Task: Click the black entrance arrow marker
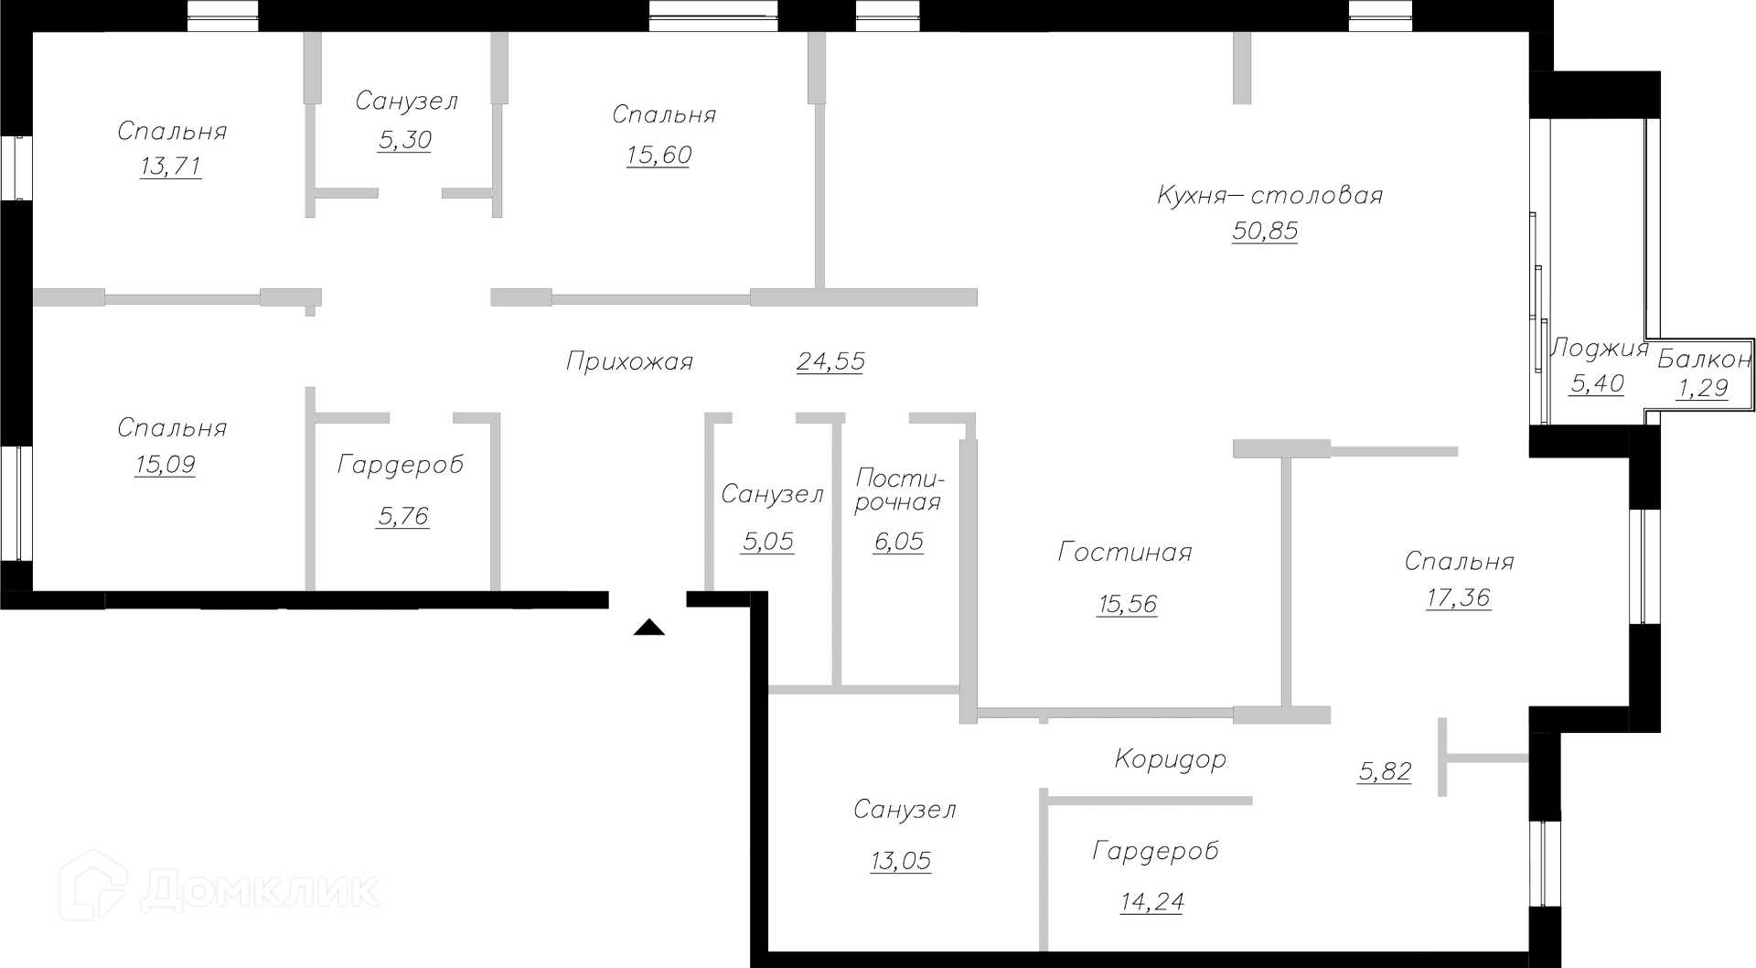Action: coord(648,627)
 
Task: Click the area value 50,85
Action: coord(1265,231)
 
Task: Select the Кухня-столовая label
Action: coord(1269,195)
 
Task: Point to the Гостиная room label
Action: coord(1125,552)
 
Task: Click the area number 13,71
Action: coord(171,167)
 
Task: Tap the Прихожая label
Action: coord(629,361)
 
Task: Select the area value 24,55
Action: coord(830,361)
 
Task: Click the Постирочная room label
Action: coord(898,490)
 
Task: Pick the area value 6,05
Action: coord(898,542)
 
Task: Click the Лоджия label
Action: coord(1600,349)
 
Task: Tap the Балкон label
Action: coord(1704,359)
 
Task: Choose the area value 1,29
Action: coord(1702,388)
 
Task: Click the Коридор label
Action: coord(1171,759)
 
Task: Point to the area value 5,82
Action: coord(1385,771)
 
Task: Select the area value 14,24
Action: coord(1152,902)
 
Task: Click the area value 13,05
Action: coord(901,860)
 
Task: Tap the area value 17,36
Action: coord(1459,597)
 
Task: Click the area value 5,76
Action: coord(402,516)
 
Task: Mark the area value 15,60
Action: coord(658,155)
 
